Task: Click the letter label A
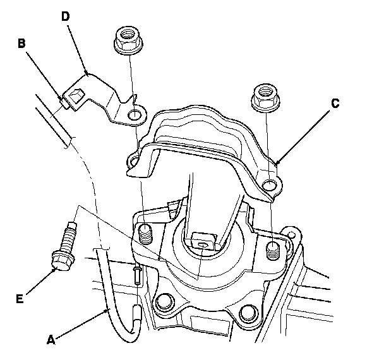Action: (52, 339)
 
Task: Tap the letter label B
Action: (21, 44)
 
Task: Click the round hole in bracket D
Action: (133, 116)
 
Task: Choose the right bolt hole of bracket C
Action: (270, 184)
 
